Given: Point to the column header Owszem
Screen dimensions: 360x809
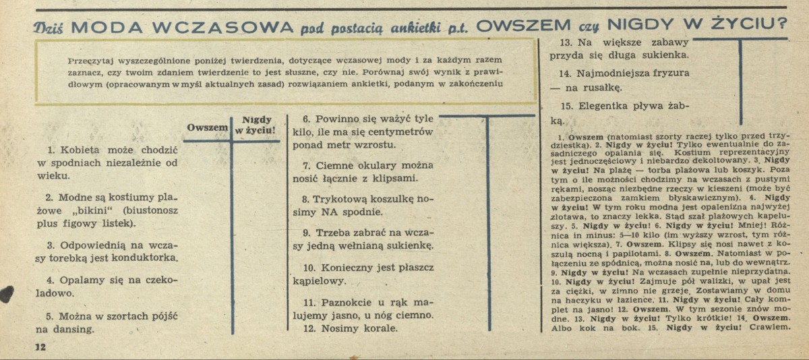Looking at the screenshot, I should [208, 127].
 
